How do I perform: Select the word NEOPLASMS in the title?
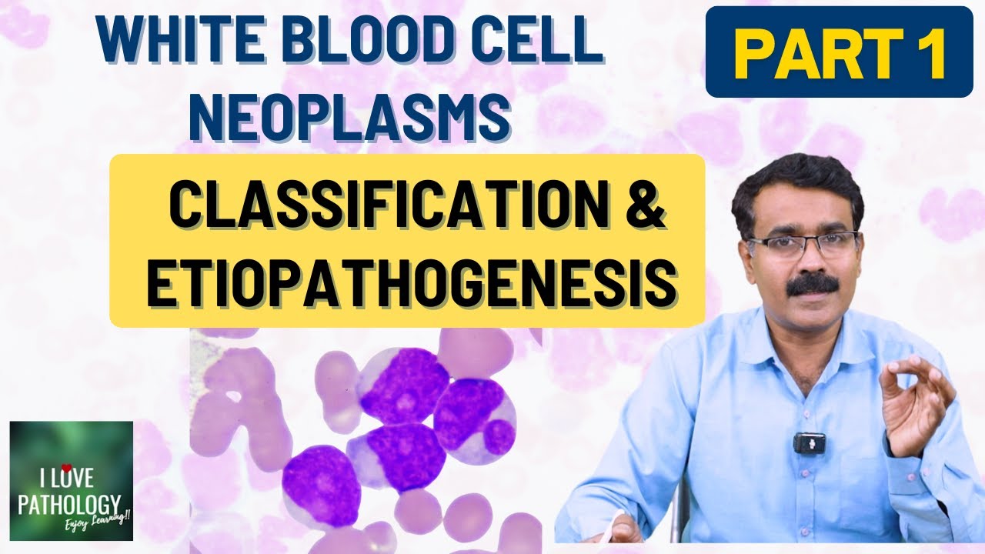[350, 115]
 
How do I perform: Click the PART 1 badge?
[839, 52]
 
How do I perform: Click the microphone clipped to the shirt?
[809, 443]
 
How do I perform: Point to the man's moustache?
[813, 282]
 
